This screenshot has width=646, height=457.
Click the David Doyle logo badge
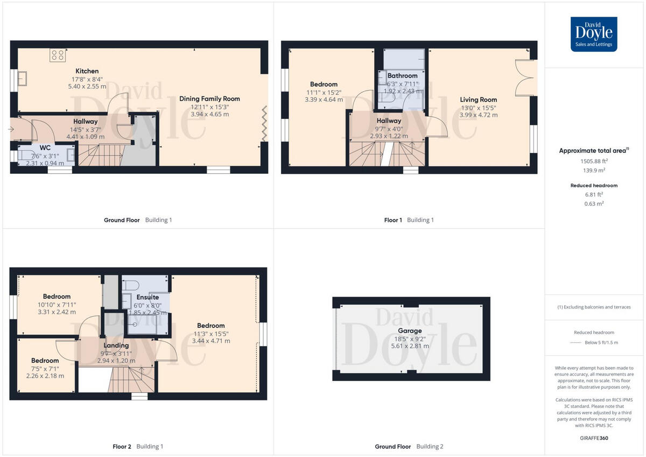point(594,34)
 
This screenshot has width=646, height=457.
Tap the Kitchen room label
point(87,71)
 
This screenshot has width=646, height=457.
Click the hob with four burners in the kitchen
point(58,54)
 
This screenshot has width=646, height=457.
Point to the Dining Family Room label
point(209,99)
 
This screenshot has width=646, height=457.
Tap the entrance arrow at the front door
point(12,129)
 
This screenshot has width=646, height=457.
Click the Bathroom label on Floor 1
point(402,76)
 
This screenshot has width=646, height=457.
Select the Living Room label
point(478,100)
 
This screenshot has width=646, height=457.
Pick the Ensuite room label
point(148,297)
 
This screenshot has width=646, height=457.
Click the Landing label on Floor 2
point(116,346)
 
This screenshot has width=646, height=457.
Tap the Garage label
point(410,331)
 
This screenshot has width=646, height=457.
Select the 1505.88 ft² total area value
point(594,160)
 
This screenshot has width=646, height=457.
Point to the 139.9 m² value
point(594,170)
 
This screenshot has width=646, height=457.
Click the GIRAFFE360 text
point(594,438)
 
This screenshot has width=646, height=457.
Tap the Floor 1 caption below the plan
point(392,220)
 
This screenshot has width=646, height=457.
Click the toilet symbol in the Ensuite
point(131,284)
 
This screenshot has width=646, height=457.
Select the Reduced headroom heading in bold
point(594,185)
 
